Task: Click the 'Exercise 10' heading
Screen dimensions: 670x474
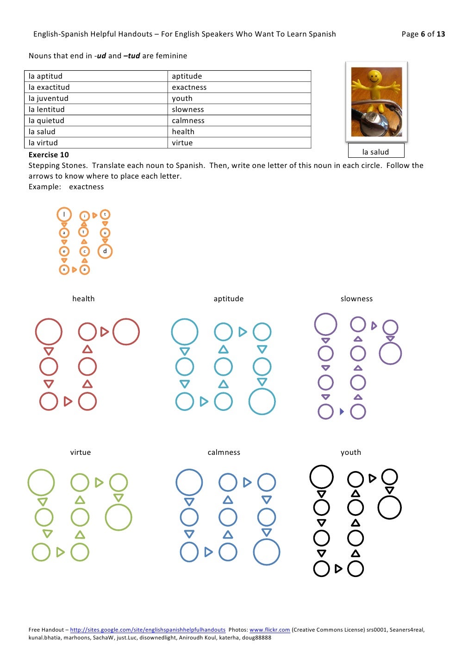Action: (49, 155)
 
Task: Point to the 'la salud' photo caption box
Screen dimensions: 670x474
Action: (376, 152)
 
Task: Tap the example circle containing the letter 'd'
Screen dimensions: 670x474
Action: (105, 251)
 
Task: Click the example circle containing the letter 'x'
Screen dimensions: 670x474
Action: (64, 269)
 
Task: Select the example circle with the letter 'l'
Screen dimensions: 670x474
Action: (64, 214)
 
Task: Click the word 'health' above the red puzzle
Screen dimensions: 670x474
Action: (83, 299)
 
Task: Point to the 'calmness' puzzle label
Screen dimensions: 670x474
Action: (224, 453)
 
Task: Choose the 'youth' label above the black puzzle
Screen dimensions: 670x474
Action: (351, 453)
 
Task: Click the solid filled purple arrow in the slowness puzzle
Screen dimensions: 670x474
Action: (342, 411)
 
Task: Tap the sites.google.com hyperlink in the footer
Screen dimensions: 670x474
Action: (148, 630)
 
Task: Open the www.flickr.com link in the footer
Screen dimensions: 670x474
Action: (269, 630)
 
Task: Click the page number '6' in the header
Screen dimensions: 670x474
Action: (423, 34)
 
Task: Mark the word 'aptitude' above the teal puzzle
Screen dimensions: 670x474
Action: (229, 299)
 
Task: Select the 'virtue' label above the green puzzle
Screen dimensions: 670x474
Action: (81, 453)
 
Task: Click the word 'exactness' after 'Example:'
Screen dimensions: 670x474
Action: (87, 187)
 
